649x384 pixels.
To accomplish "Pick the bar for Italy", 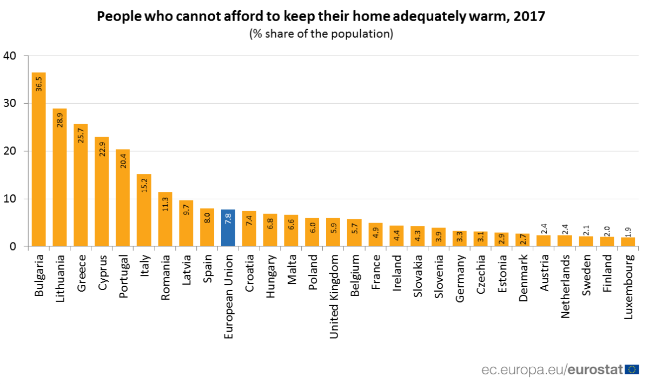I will [x=144, y=210].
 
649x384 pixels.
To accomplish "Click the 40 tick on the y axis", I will [x=10, y=56].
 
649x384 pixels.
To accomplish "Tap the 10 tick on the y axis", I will [x=10, y=199].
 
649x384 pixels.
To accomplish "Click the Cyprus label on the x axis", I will [x=102, y=273].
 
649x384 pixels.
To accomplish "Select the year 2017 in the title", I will [x=529, y=16].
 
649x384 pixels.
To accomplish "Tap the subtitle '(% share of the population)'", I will [x=321, y=33].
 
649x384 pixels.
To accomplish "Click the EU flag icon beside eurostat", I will [x=631, y=370].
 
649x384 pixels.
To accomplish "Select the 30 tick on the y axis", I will [x=10, y=103].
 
